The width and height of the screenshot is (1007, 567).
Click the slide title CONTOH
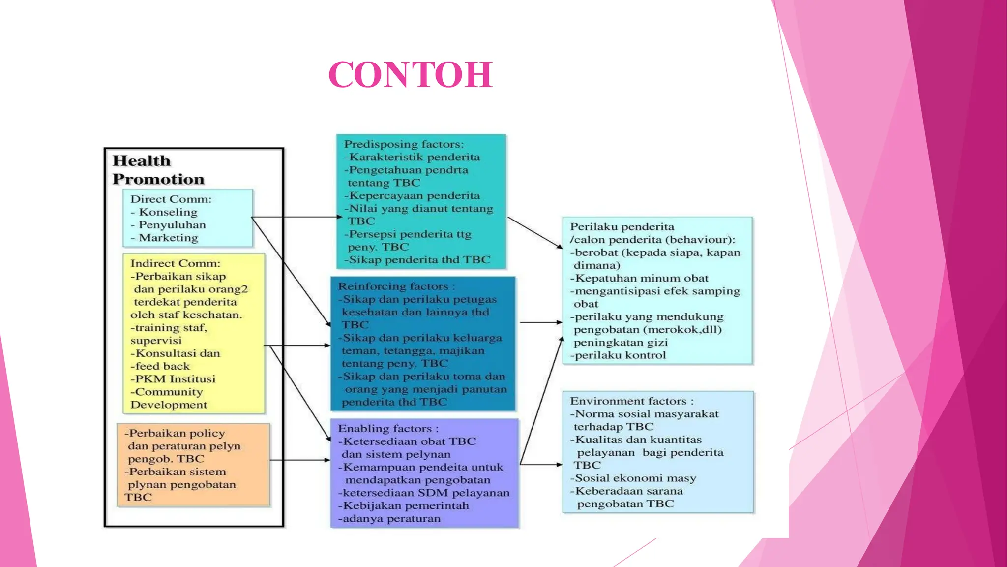tap(411, 75)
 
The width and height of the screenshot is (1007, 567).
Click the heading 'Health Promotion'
tap(158, 170)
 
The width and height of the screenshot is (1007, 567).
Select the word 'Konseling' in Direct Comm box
tap(168, 212)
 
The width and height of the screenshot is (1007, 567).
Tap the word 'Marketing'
tap(168, 238)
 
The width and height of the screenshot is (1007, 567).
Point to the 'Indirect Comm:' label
tap(175, 263)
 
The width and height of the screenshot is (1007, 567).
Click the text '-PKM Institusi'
tap(173, 379)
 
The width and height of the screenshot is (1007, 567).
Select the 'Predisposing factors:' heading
tap(404, 144)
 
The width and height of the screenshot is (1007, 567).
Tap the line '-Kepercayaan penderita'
tap(412, 195)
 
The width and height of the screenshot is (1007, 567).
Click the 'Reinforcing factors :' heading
tap(396, 286)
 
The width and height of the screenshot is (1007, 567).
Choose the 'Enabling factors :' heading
tap(388, 429)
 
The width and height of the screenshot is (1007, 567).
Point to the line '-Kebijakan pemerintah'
tap(404, 505)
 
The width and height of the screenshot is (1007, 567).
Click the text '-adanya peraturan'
tap(389, 518)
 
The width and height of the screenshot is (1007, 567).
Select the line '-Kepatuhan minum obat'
tap(639, 278)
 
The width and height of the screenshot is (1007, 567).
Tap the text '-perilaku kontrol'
tap(618, 355)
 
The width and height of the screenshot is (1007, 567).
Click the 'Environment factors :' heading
tap(632, 401)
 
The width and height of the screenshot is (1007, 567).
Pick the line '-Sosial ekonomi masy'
tap(633, 478)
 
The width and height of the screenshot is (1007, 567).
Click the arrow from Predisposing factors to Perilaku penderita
tap(535, 232)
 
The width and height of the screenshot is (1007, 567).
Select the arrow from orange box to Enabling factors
tap(300, 460)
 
